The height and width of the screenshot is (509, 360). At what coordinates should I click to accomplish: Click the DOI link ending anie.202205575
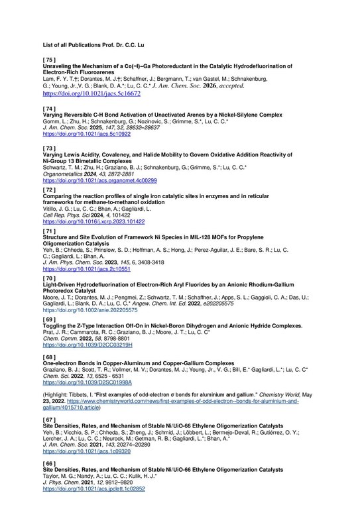(90, 310)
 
